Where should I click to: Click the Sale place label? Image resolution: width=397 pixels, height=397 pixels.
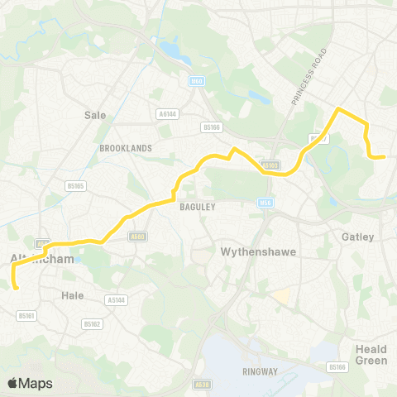(x=96, y=116)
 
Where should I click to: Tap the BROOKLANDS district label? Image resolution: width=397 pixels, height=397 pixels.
(x=125, y=148)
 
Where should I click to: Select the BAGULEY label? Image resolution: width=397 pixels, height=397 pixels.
(x=198, y=208)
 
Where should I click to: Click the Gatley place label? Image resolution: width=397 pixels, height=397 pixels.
(x=358, y=237)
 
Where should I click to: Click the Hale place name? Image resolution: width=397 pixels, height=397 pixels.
(x=73, y=294)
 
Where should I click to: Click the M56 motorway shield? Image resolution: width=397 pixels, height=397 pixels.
(x=266, y=202)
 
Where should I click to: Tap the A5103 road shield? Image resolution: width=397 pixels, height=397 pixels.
(x=270, y=165)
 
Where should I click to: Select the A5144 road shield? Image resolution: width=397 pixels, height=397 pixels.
(x=117, y=301)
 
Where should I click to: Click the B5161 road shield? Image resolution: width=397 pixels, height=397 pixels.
(x=26, y=316)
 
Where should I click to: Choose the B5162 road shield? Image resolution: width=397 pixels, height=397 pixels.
(x=92, y=324)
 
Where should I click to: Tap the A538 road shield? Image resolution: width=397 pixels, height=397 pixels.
(x=202, y=384)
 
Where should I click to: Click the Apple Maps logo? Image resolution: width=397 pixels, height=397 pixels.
(x=30, y=383)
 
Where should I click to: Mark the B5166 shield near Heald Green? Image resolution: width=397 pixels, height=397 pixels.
(x=336, y=366)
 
